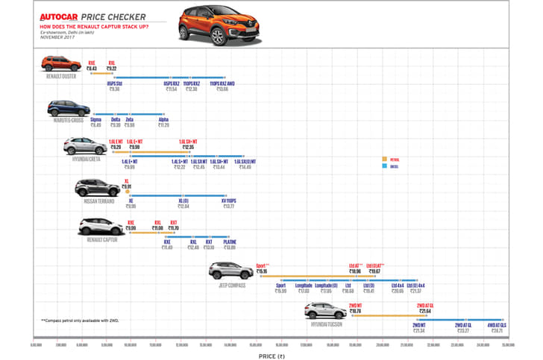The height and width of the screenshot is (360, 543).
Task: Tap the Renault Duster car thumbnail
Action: point(60,63)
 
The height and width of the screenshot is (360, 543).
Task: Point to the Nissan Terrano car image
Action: point(97,187)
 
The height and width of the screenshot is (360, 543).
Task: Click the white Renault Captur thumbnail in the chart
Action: point(101,226)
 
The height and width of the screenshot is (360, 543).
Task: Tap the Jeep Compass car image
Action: point(230,271)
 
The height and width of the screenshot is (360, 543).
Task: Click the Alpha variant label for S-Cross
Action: point(163,119)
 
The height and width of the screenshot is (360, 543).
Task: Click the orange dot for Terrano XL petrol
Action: point(128,192)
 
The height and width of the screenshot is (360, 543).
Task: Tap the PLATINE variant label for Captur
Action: point(230,241)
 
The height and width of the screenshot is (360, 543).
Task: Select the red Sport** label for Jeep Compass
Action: point(261,265)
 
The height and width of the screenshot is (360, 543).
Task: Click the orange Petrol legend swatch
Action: point(384,160)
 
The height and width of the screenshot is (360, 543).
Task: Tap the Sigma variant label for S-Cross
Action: point(95,119)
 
